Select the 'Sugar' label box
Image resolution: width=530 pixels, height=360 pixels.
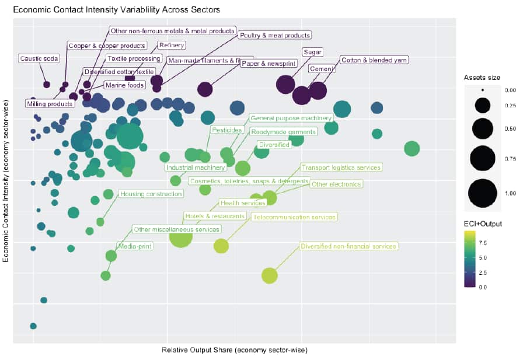click(x=313, y=52)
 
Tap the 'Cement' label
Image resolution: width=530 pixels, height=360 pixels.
click(x=321, y=69)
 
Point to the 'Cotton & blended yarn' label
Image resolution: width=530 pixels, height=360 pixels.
click(x=374, y=60)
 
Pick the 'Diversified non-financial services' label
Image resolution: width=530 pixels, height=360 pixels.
click(x=348, y=246)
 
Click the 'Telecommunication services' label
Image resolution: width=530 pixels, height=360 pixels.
click(x=295, y=217)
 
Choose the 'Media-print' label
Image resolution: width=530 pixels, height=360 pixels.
click(x=135, y=246)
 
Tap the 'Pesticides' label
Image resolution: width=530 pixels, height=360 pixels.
click(x=223, y=130)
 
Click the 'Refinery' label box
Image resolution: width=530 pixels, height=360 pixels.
click(x=172, y=46)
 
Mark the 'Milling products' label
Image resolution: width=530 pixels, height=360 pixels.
click(x=50, y=104)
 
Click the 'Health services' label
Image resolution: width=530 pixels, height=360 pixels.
click(x=242, y=203)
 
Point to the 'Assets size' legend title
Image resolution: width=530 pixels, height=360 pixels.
click(x=482, y=77)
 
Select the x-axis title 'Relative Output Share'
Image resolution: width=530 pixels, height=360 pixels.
click(x=234, y=351)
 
